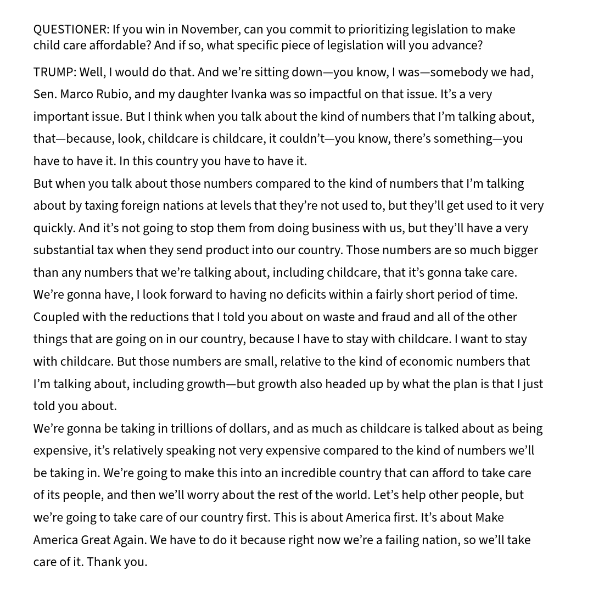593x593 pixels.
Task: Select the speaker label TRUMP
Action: [54, 72]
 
